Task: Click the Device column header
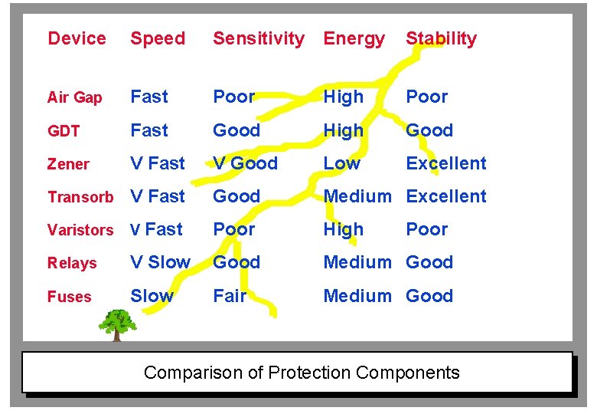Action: [x=77, y=38]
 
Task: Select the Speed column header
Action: [x=158, y=38]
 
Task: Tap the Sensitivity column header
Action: [x=258, y=38]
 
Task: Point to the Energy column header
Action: [x=354, y=38]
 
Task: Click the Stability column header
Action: [x=441, y=38]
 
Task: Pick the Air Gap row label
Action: [x=74, y=97]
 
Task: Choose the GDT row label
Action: [x=64, y=131]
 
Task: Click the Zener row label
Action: [x=68, y=164]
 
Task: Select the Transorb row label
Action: [x=80, y=197]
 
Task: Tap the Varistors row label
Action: [x=80, y=230]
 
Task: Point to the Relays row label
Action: [x=72, y=263]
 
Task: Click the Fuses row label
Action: [x=69, y=297]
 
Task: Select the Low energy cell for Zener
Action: [x=341, y=163]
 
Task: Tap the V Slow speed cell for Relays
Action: [x=160, y=262]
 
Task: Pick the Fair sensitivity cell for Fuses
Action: [x=230, y=296]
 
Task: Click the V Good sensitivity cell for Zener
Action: [x=245, y=163]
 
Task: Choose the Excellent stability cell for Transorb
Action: [x=446, y=196]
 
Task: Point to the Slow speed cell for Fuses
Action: [x=152, y=296]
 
